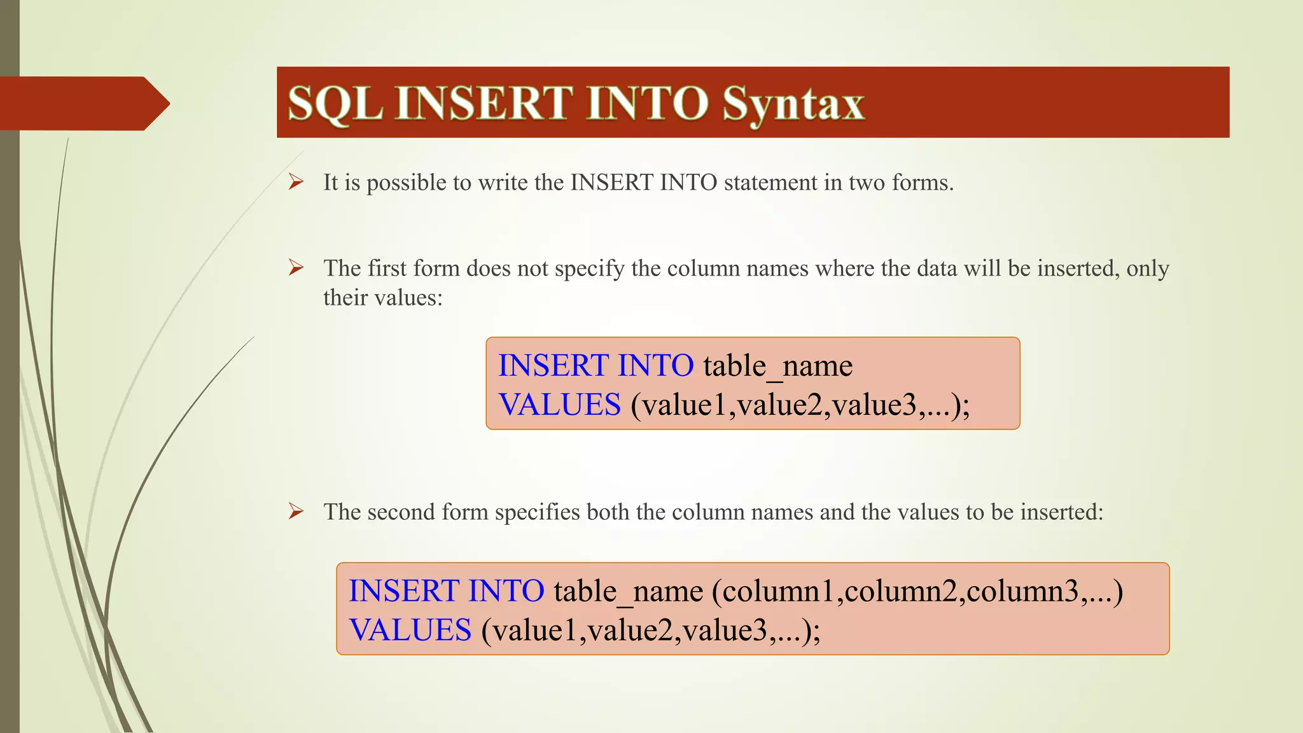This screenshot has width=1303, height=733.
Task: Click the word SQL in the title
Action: (335, 103)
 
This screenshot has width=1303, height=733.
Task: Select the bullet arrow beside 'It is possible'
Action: (296, 183)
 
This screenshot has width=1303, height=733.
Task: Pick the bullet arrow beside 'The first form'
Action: (296, 268)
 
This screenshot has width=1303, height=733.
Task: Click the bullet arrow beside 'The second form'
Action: (296, 512)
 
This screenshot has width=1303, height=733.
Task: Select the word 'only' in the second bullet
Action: (1147, 269)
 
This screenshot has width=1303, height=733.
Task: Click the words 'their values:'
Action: (382, 298)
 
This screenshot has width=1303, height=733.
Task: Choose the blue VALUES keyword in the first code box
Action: (559, 405)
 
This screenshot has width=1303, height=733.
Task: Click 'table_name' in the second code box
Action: (628, 592)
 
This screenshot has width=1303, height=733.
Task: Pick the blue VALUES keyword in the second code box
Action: (410, 631)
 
